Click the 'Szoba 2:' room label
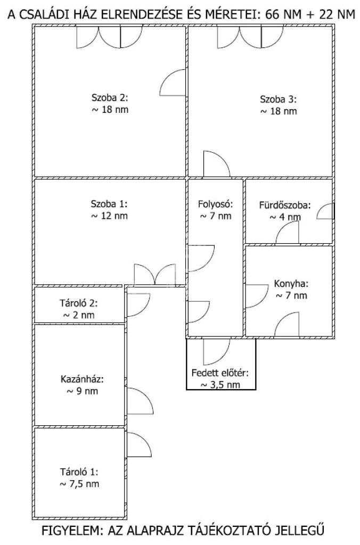click(x=110, y=97)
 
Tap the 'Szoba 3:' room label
click(x=279, y=100)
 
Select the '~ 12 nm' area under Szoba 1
click(x=109, y=216)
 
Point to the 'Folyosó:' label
click(x=215, y=204)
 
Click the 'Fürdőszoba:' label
click(x=285, y=205)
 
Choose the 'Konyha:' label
click(x=291, y=284)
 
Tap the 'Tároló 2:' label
click(x=79, y=303)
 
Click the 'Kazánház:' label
click(x=82, y=379)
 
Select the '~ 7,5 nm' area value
click(x=79, y=484)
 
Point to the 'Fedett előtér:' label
click(x=220, y=373)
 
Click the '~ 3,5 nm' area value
click(x=220, y=385)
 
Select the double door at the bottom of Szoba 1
click(x=155, y=275)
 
